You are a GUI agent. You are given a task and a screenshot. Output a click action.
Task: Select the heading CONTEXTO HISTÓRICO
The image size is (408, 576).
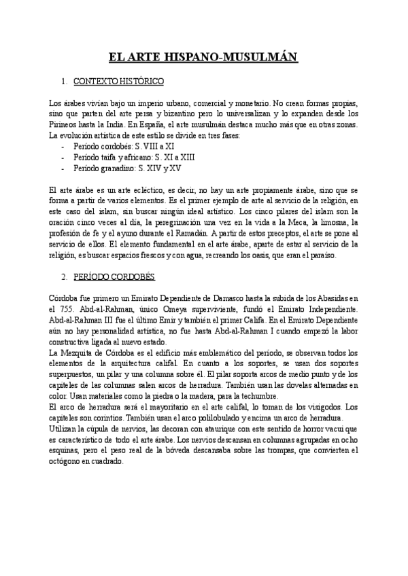click(118, 82)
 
